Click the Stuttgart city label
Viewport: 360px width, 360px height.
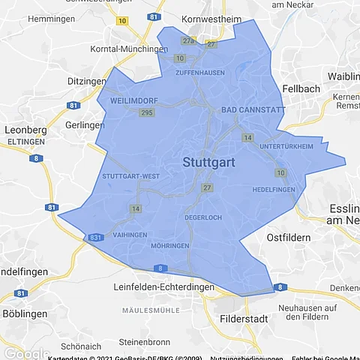click(x=210, y=162)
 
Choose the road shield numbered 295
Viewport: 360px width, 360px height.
click(x=146, y=112)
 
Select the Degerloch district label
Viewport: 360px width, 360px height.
click(x=204, y=217)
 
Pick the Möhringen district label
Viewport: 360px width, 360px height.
click(x=169, y=245)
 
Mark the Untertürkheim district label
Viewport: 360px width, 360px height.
click(x=286, y=146)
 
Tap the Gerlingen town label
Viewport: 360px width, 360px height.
click(x=83, y=124)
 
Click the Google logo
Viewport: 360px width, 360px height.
click(x=25, y=353)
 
